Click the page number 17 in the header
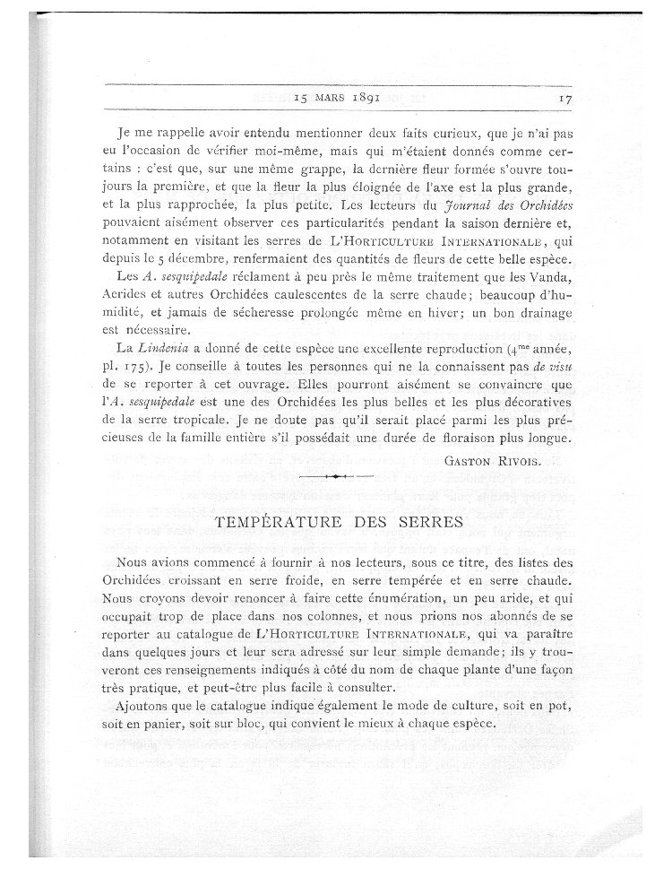click(x=563, y=100)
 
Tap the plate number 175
click(x=149, y=365)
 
